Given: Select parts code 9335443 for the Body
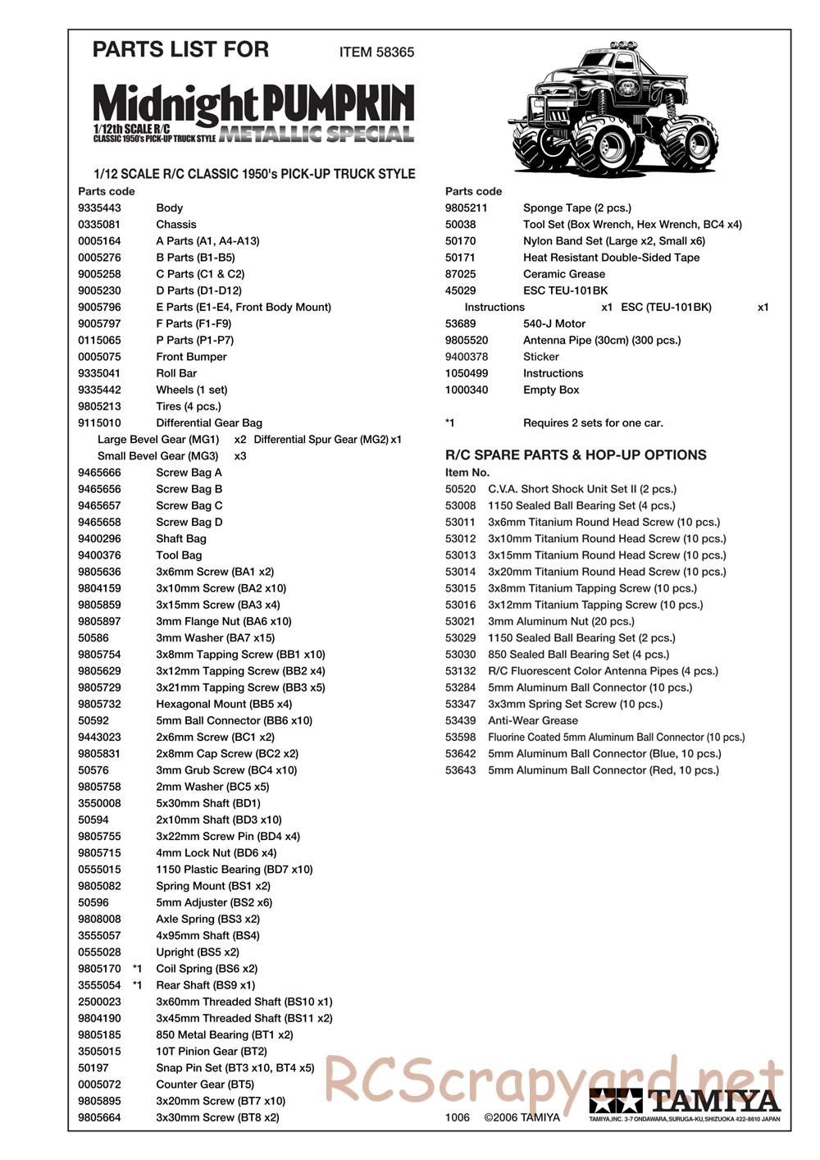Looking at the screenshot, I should click(x=99, y=208).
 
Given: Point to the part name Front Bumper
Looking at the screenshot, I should click(x=191, y=357).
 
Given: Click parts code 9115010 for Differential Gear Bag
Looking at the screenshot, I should click(x=99, y=423).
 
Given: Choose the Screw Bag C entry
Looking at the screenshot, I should click(x=189, y=506).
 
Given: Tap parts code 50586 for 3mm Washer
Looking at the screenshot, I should click(x=93, y=638).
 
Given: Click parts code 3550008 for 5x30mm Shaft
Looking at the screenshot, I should click(x=99, y=803).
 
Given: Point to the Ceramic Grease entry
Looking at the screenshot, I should click(x=563, y=274).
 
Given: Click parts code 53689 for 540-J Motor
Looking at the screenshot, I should click(x=460, y=324).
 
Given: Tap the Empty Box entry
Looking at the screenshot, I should click(x=551, y=390).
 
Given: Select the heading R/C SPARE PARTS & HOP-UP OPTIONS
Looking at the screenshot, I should click(x=575, y=455).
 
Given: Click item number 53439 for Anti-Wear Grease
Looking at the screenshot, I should click(x=460, y=720).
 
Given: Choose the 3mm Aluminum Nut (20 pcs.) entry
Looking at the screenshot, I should click(x=561, y=621).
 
